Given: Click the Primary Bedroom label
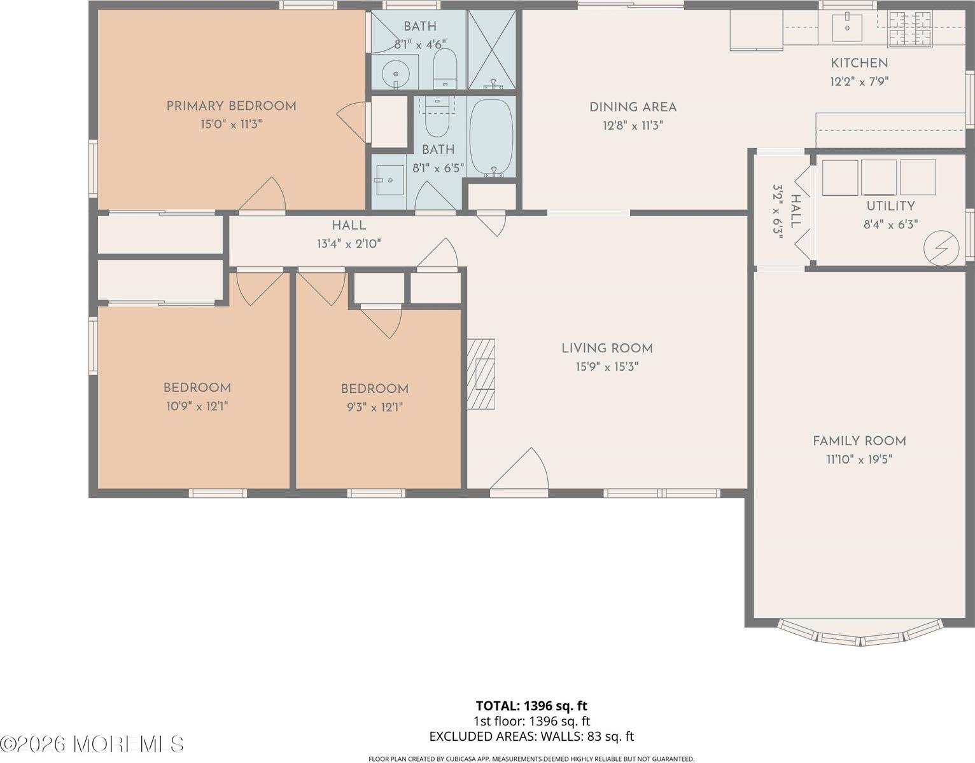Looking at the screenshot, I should click(x=231, y=106).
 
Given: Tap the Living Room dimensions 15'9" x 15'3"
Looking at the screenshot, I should click(x=607, y=367).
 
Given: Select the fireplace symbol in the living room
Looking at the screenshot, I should click(x=482, y=373).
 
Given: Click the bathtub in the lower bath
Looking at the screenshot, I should click(x=491, y=137).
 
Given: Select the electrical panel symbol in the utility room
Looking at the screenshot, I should click(x=943, y=247).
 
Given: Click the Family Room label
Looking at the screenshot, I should click(x=859, y=441).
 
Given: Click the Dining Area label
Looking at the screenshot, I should click(x=633, y=107).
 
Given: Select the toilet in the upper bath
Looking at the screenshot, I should click(x=445, y=69).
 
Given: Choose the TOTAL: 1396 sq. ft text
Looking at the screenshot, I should click(x=531, y=706).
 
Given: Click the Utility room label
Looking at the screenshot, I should click(x=890, y=206).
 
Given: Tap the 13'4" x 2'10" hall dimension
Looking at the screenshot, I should click(x=349, y=244).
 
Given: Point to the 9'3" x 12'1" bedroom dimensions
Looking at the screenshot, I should click(x=374, y=407).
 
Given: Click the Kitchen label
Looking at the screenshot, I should click(x=859, y=63).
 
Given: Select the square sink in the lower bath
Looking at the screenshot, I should click(x=389, y=181).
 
